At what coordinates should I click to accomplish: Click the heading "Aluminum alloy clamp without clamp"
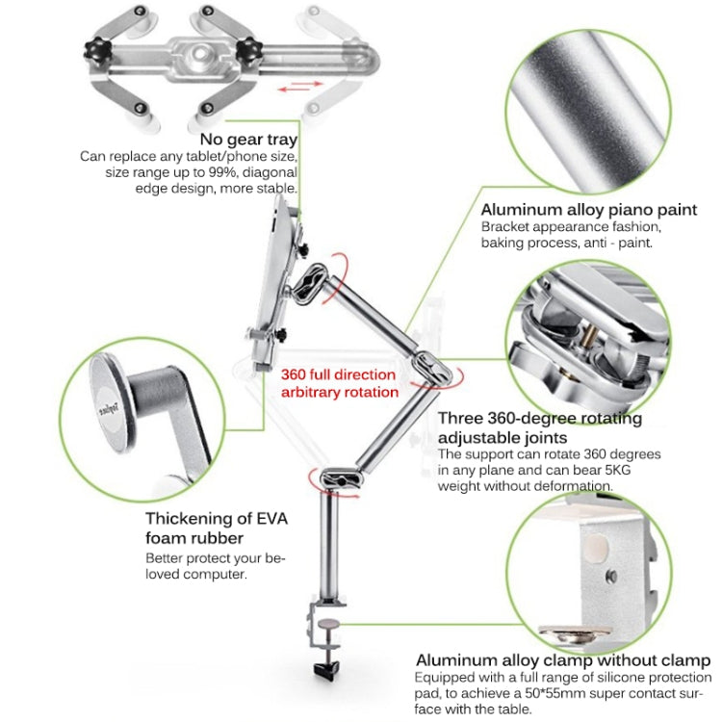tap(562, 660)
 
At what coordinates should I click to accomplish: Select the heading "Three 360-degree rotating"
tap(539, 419)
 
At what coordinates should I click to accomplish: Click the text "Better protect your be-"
tap(216, 557)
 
